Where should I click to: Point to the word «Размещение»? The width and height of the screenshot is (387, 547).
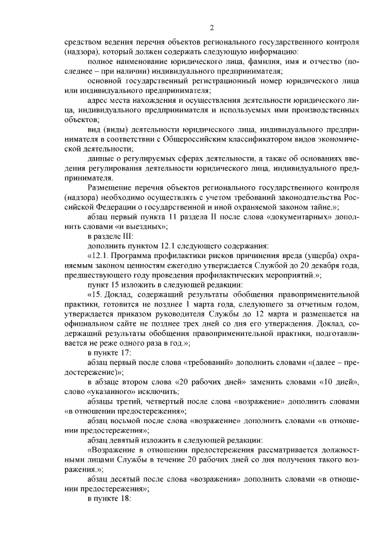coord(109,188)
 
